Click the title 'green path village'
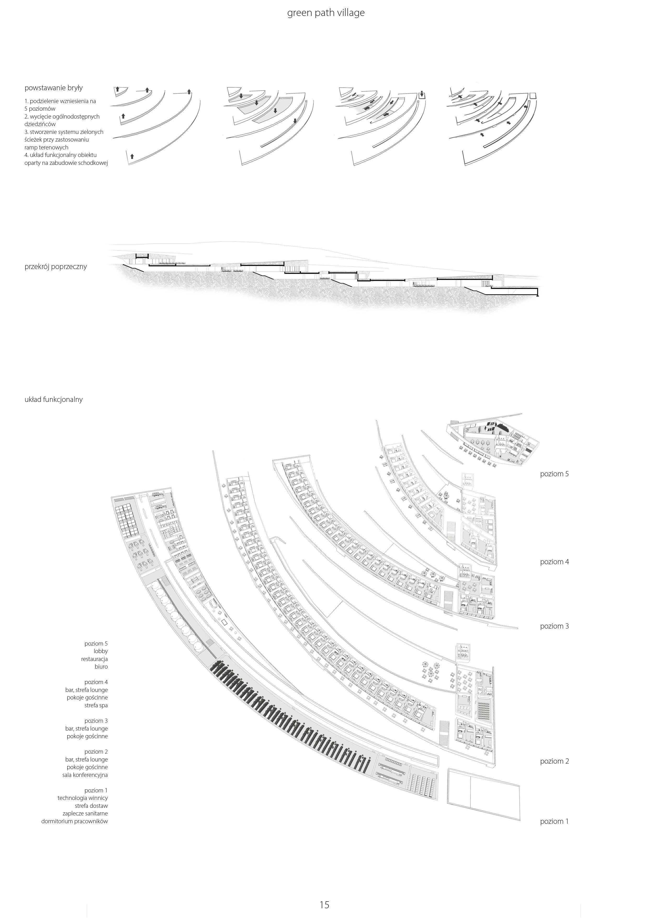click(326, 13)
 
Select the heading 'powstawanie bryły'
click(54, 88)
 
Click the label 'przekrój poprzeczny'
click(55, 267)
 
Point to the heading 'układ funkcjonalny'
click(54, 399)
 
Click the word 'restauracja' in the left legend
click(94, 659)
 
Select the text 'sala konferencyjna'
click(85, 775)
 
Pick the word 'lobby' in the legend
click(101, 651)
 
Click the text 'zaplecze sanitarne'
click(85, 813)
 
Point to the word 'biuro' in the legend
click(101, 667)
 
